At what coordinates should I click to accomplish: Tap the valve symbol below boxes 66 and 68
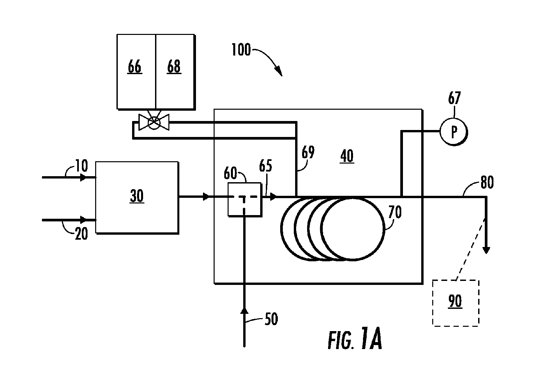(x=154, y=122)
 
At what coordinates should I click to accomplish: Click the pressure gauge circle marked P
(x=454, y=132)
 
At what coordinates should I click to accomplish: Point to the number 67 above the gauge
(x=454, y=98)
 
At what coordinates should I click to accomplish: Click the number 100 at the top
(x=241, y=50)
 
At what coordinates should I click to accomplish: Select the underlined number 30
(x=137, y=196)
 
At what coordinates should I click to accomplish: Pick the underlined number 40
(x=347, y=156)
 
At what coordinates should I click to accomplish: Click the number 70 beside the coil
(x=395, y=212)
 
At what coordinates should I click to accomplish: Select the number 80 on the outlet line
(x=487, y=183)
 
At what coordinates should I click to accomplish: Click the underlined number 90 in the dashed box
(x=455, y=301)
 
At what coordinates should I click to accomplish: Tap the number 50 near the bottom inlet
(x=271, y=319)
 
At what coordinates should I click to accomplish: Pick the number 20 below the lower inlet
(x=82, y=234)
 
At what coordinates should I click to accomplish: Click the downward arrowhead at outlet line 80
(x=486, y=250)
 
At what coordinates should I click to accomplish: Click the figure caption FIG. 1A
(x=355, y=338)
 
